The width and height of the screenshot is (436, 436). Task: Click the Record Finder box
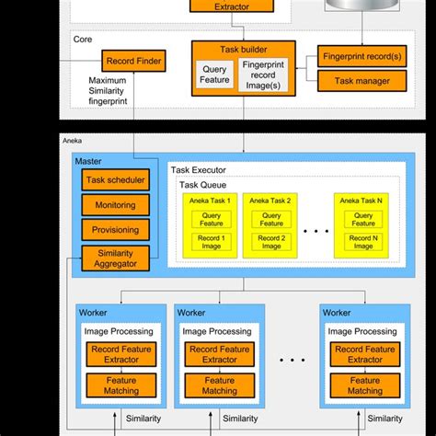[134, 62]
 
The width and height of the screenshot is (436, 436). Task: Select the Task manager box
[362, 81]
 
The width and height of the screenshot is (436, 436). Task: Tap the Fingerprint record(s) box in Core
[362, 56]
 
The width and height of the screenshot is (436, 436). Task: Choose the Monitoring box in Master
[115, 205]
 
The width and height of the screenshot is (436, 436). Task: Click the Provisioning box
[115, 229]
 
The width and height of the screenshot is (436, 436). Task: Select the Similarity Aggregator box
[115, 257]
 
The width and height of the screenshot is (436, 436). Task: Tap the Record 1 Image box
[210, 242]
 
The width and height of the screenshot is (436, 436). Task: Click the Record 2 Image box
[270, 242]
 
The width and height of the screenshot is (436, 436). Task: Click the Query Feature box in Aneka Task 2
[270, 218]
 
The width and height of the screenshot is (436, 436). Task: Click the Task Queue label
[204, 185]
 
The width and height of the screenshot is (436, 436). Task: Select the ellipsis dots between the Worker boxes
[293, 360]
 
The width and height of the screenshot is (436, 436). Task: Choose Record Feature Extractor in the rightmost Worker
[365, 353]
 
